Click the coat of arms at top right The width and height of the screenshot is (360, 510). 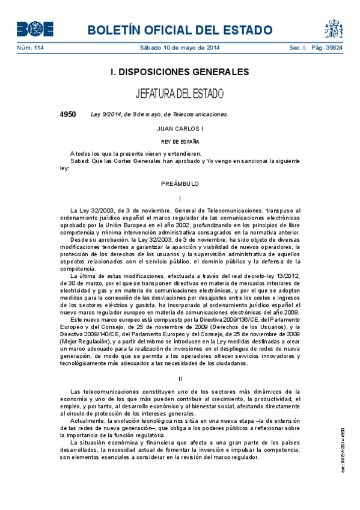point(334,28)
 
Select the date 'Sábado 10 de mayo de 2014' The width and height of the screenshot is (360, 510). point(179,48)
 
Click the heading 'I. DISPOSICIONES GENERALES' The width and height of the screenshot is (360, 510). point(180,72)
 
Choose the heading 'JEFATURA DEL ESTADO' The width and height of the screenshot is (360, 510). point(180,94)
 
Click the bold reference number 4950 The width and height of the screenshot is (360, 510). point(67,114)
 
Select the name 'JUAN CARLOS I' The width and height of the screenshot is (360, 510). point(180,129)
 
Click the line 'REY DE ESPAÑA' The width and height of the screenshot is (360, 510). point(180,142)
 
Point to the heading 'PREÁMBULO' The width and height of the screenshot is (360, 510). point(180,183)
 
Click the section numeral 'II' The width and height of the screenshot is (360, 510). point(180,378)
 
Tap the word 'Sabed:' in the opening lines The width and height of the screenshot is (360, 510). point(80,162)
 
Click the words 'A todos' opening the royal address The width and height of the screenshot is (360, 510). point(81,155)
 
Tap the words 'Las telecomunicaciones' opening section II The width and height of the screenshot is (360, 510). point(104,392)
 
